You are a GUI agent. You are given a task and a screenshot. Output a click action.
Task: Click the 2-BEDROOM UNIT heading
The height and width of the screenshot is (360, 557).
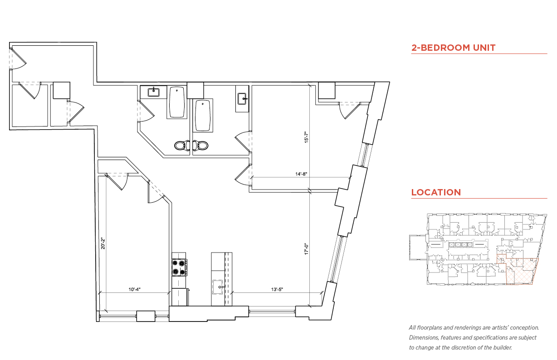point(453,48)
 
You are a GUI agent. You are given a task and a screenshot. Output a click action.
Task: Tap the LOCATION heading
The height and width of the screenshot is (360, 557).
point(436,192)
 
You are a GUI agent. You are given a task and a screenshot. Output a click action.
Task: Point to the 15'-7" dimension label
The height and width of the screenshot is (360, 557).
point(306,137)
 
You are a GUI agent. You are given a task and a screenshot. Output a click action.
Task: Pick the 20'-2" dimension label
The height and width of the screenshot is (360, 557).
point(103,243)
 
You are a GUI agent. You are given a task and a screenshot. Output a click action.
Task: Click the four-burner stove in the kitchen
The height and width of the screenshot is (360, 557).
point(179,267)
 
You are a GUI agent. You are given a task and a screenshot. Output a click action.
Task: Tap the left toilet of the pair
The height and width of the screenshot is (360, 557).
point(182,146)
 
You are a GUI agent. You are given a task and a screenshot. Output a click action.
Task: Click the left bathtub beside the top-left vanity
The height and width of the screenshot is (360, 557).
point(177,102)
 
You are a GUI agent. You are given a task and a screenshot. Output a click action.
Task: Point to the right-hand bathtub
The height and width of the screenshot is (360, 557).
point(203,116)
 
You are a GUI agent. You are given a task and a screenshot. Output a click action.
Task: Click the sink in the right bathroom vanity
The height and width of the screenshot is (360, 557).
point(241,98)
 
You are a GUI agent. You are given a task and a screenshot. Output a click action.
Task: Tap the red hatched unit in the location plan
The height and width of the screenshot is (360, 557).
point(522,272)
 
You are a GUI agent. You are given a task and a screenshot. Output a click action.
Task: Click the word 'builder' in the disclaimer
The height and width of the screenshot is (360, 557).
point(501,347)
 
